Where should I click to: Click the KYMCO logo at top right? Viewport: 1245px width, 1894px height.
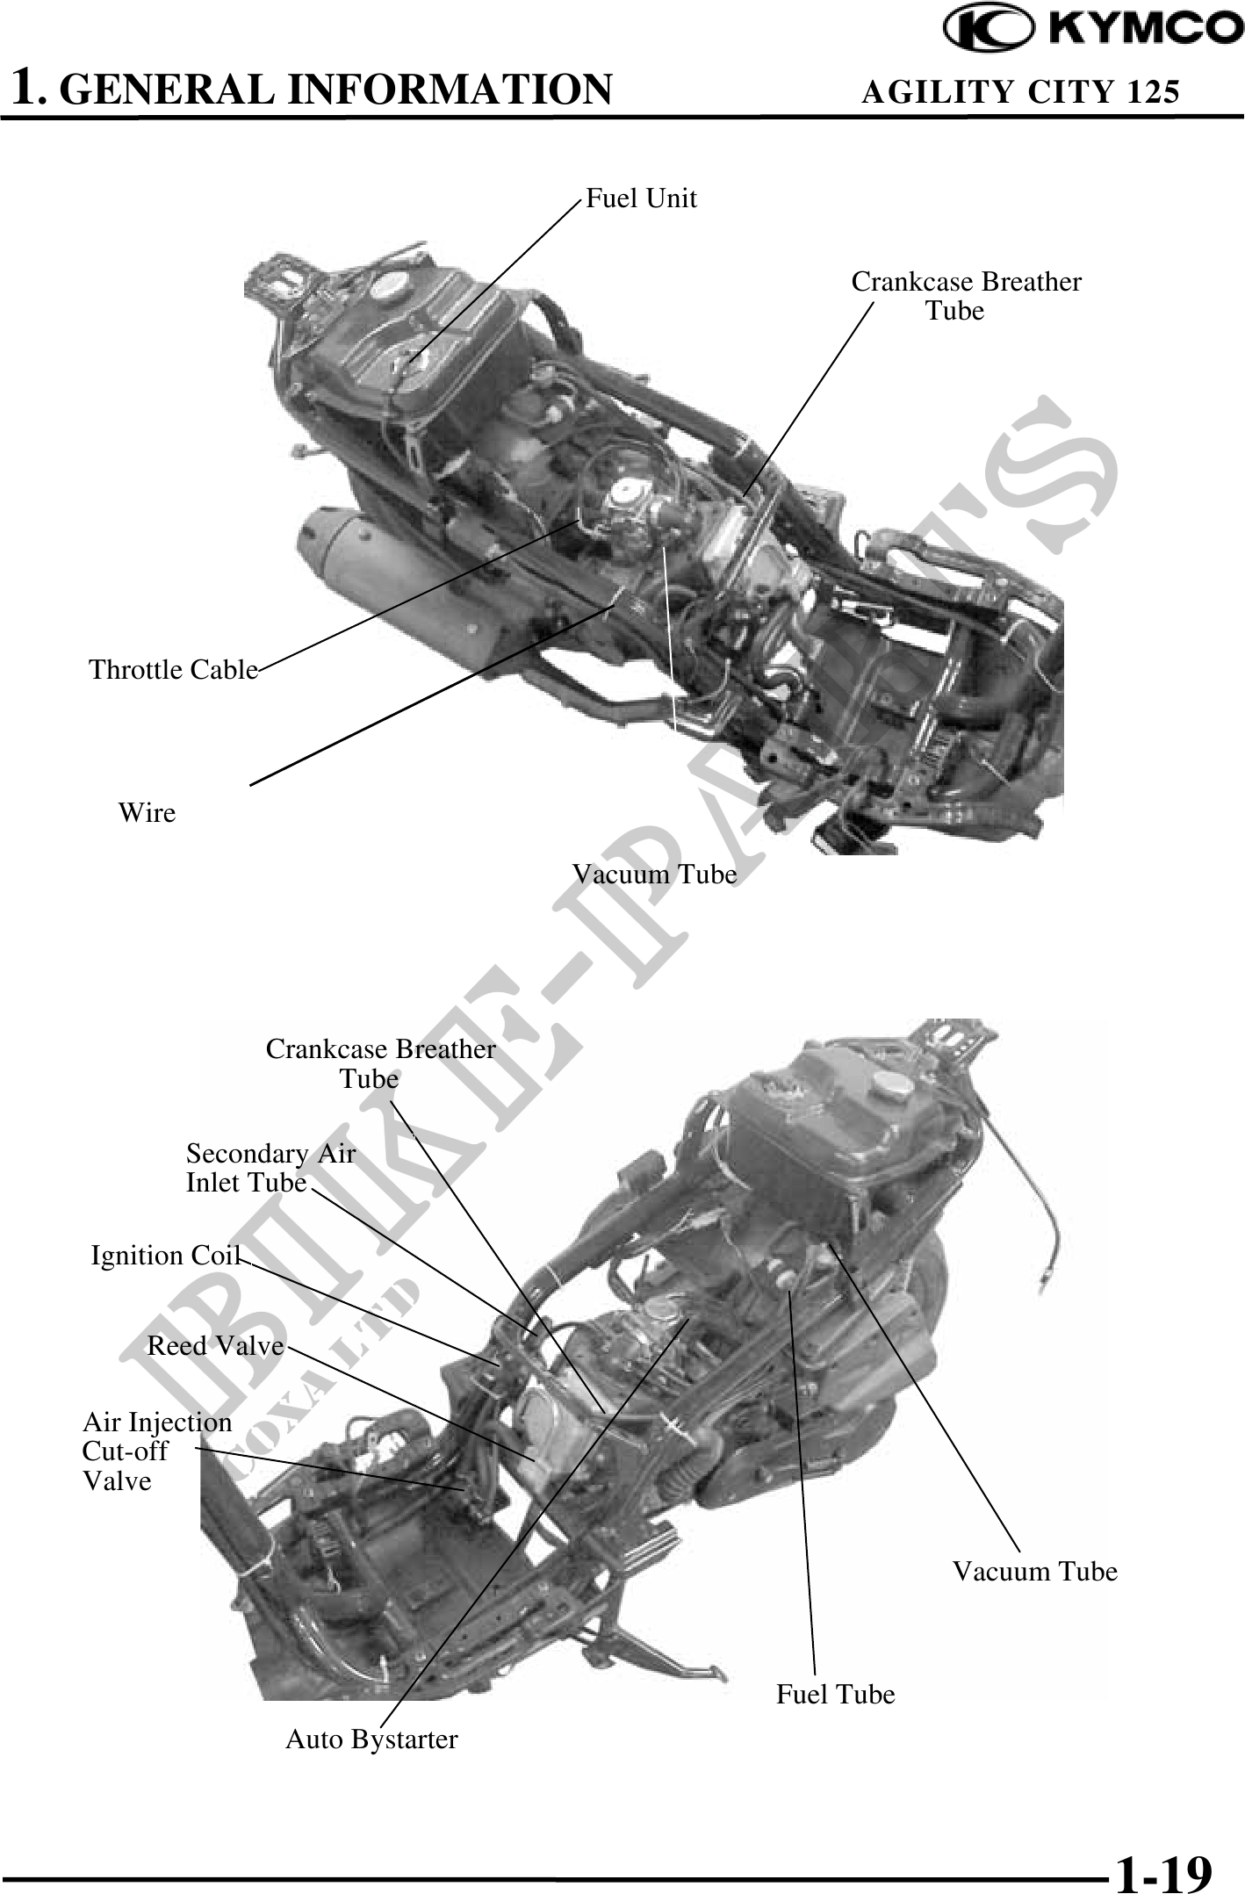click(1092, 28)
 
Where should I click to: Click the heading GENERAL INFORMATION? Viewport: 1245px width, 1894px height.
click(339, 90)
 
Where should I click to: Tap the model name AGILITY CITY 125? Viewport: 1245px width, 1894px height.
click(1020, 91)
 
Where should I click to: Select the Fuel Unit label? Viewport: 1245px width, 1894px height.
click(641, 198)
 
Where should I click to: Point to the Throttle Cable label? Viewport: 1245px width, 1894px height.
click(173, 670)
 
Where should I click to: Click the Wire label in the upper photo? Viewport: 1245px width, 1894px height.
click(147, 813)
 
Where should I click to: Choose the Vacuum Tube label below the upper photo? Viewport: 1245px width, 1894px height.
click(654, 875)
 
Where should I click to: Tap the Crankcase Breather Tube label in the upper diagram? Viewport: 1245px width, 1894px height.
click(966, 296)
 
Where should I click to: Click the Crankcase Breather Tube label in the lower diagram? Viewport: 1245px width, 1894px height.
click(380, 1063)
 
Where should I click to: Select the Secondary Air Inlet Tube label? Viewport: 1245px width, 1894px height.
click(270, 1168)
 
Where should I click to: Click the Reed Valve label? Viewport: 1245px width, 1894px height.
click(215, 1346)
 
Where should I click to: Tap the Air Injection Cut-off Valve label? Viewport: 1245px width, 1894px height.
click(156, 1451)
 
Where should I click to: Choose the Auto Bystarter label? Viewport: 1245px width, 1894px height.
click(371, 1739)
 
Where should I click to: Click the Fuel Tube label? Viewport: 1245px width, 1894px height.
click(835, 1695)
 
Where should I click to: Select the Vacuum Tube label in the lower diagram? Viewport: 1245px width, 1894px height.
click(1035, 1571)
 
